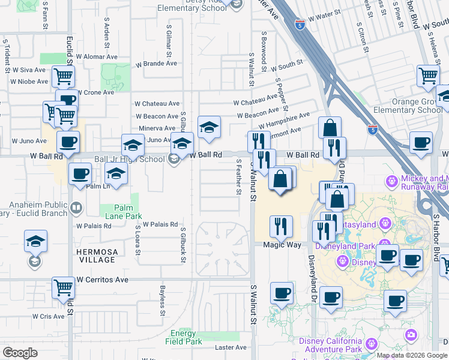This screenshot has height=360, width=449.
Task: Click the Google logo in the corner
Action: pos(20,352)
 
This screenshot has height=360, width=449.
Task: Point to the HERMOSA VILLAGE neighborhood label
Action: pos(96,256)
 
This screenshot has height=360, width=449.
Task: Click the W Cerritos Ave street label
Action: pos(103,280)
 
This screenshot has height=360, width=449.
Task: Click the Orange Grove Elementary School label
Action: pos(408,106)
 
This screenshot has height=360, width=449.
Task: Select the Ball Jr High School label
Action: pos(129,159)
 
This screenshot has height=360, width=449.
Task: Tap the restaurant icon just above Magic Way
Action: pos(281,226)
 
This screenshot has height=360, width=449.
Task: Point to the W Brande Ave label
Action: pos(156,63)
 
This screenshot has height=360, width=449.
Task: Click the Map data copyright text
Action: pos(412,355)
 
